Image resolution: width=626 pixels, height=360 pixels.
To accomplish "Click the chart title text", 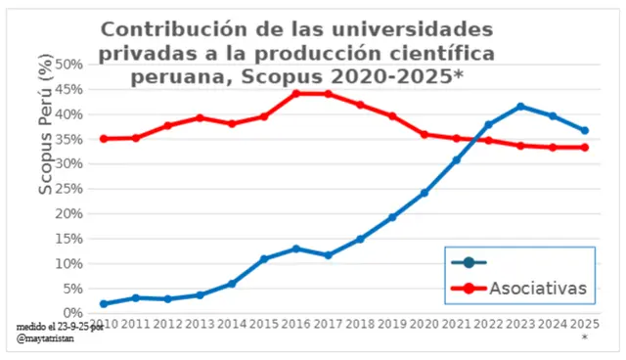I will tap(297, 53).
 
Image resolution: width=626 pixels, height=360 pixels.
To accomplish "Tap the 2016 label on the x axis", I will tap(295, 324).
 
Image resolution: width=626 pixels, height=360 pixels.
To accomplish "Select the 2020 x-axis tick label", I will tap(424, 324).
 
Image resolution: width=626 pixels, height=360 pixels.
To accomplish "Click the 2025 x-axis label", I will tap(584, 324).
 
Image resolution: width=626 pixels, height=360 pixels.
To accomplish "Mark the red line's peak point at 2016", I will tap(296, 94).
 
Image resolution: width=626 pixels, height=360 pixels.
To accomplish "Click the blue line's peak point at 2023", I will tap(520, 106).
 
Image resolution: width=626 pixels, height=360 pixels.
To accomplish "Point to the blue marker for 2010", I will tap(104, 304).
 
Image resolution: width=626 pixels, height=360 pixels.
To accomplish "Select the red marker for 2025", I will tap(584, 148).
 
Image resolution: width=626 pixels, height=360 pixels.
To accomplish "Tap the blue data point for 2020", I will tap(424, 193).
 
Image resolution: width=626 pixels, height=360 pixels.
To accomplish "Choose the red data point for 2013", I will tap(200, 117).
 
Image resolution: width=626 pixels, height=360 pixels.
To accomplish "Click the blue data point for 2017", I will tap(329, 255).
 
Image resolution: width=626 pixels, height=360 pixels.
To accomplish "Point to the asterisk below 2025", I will tap(584, 337).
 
